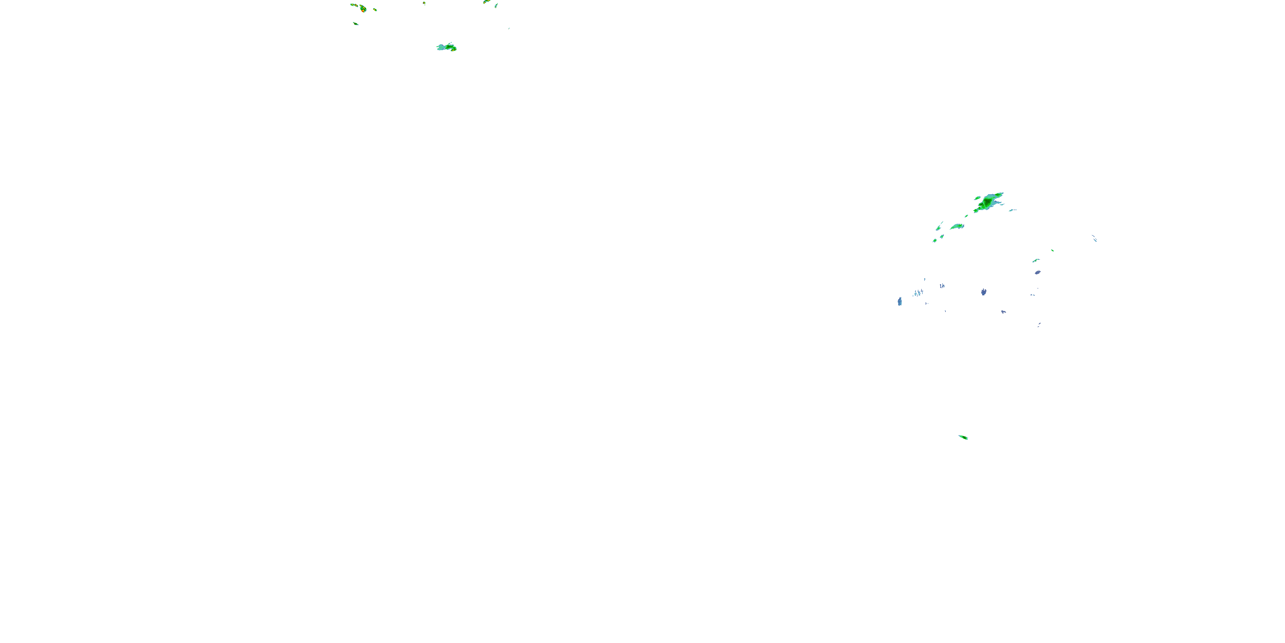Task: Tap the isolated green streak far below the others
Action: point(963,437)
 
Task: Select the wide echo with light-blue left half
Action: point(446,48)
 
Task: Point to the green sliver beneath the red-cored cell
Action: point(355,23)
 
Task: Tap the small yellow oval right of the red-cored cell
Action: point(375,9)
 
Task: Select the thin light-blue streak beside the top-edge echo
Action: point(496,6)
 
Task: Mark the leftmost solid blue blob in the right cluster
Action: point(899,301)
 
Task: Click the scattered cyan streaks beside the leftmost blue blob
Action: point(918,293)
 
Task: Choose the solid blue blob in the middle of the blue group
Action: point(984,291)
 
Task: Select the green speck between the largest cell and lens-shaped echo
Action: point(966,216)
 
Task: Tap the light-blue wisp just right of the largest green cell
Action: point(1012,210)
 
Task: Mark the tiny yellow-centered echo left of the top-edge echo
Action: point(424,3)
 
